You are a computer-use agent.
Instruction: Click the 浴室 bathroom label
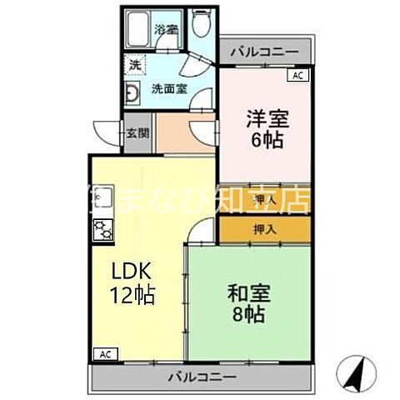click(x=166, y=31)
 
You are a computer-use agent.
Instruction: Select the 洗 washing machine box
click(x=133, y=63)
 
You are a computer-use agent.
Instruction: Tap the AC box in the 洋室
click(x=297, y=75)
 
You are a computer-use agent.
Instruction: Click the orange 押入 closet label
click(x=265, y=229)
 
